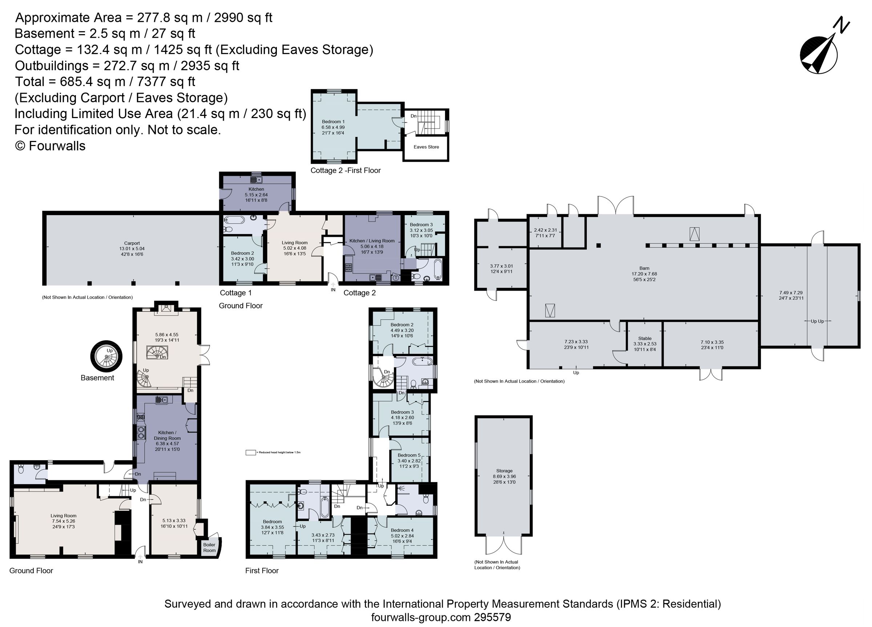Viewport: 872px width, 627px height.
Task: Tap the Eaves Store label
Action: tap(426, 147)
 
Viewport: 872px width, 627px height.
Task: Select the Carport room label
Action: tap(132, 243)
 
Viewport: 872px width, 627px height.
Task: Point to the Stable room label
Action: tap(645, 339)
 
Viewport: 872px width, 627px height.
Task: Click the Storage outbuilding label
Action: tap(504, 471)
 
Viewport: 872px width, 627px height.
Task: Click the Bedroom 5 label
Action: tap(409, 455)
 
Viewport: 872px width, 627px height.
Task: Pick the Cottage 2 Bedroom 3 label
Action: tap(421, 225)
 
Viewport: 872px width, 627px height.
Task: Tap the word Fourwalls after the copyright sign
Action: tap(57, 146)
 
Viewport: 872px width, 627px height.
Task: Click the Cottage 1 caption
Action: tap(236, 293)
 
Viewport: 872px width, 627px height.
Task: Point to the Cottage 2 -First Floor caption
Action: tap(345, 170)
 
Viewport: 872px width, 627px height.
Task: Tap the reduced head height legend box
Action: tap(251, 453)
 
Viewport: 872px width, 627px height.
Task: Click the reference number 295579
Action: tap(493, 618)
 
